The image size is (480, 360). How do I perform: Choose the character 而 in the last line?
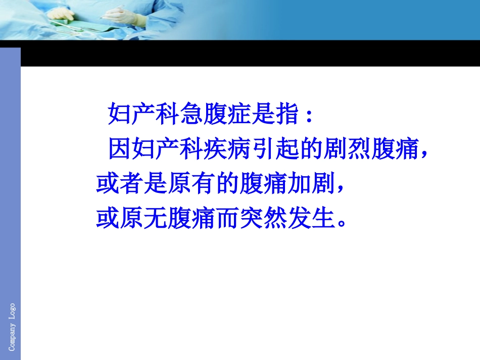pos(228,220)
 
